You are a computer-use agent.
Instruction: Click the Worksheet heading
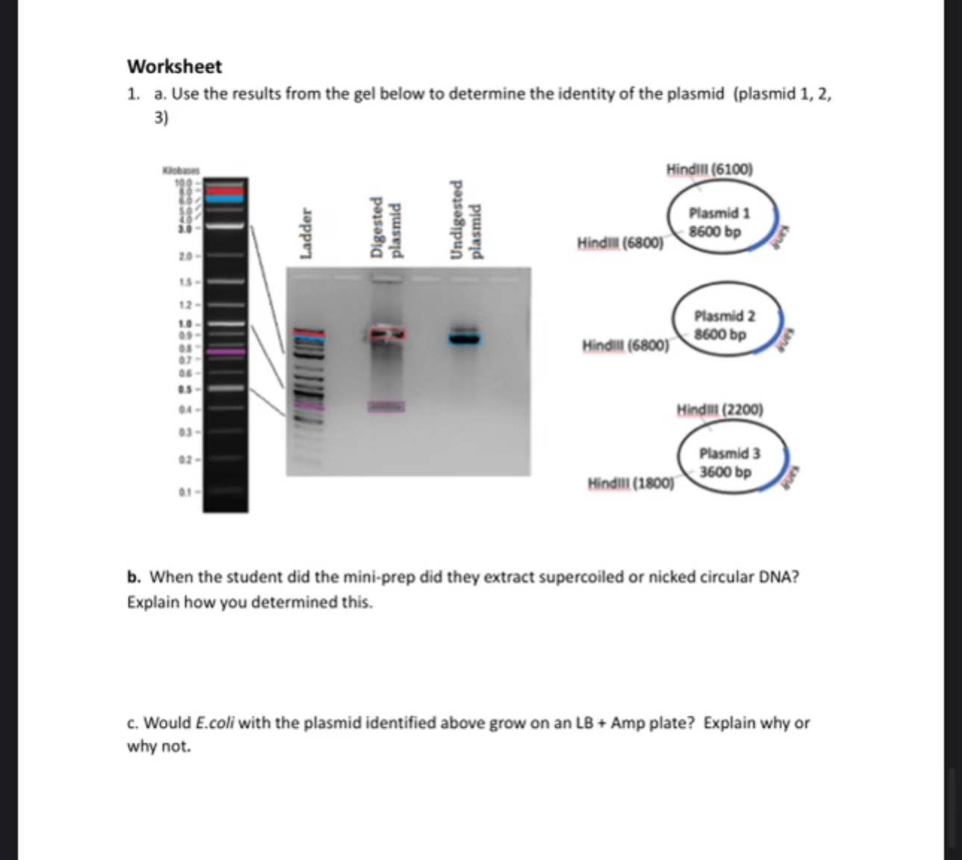(175, 66)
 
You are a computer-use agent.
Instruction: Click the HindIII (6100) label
(709, 169)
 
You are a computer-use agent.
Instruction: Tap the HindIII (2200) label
(720, 409)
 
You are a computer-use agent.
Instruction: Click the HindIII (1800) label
(631, 483)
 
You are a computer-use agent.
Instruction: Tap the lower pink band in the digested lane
(386, 407)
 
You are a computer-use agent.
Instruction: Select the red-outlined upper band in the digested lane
(387, 333)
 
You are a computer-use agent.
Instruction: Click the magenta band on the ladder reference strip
(225, 351)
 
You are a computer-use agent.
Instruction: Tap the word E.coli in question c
(215, 723)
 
